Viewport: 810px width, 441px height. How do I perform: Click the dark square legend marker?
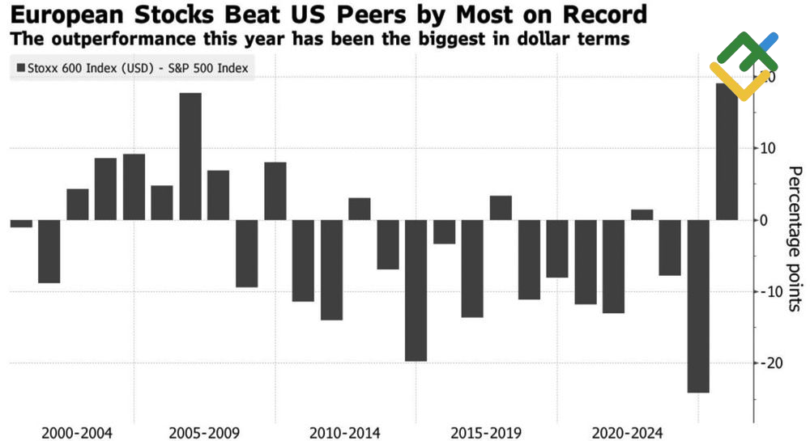20,69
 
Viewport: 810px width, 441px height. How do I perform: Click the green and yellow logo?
743,66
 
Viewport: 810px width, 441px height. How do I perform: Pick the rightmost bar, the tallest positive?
727,151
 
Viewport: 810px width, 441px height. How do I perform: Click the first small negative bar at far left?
21,223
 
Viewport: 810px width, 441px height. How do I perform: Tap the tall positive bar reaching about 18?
190,156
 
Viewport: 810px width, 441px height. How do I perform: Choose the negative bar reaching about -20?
416,290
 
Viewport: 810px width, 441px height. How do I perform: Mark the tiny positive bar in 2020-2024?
642,214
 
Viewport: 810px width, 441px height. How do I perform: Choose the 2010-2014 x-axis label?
345,432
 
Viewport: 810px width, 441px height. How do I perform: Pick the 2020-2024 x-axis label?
628,432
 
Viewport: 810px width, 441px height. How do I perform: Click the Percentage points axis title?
795,239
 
